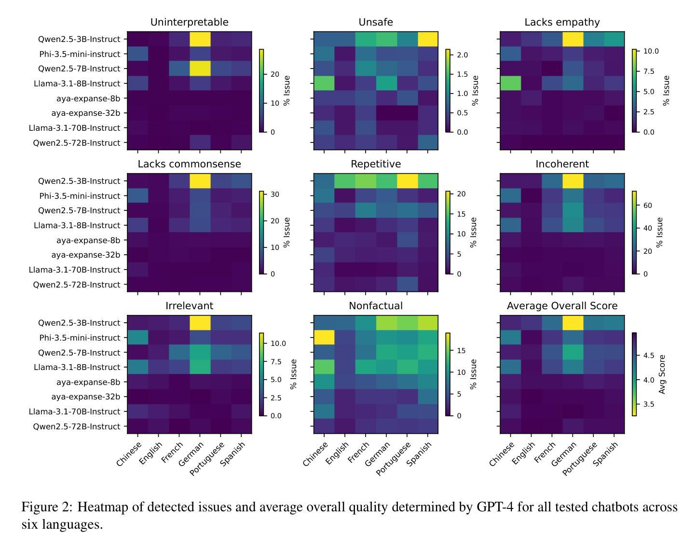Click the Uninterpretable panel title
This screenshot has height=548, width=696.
click(189, 22)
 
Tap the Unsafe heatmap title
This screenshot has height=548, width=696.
click(375, 22)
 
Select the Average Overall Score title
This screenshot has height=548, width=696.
click(562, 306)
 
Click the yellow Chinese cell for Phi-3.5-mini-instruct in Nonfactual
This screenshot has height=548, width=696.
click(324, 338)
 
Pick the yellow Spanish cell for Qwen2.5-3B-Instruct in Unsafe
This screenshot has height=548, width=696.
click(427, 39)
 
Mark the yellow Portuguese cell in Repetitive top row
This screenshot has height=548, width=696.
click(407, 181)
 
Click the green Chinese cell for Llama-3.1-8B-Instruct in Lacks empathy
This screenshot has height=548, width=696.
click(510, 83)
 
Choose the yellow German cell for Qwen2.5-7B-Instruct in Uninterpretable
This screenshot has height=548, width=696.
click(200, 68)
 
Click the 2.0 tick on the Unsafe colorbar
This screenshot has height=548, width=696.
click(462, 55)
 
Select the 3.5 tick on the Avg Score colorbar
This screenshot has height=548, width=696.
click(649, 404)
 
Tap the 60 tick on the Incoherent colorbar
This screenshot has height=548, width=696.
click(647, 205)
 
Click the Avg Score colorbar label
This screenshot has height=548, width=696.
click(662, 374)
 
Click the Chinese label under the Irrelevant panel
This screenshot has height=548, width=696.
click(129, 453)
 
